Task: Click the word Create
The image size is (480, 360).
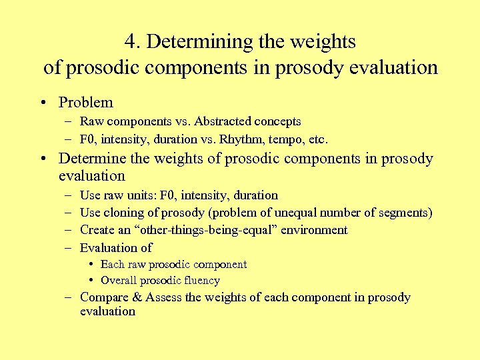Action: tap(97, 230)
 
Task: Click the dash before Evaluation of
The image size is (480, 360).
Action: tap(69, 248)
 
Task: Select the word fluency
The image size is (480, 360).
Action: tap(199, 281)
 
